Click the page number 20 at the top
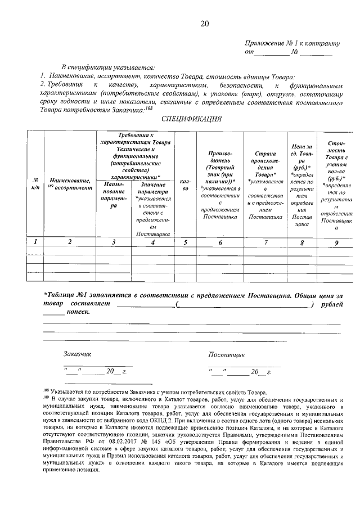pyautogui.click(x=204, y=23)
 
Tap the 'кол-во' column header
pyautogui.click(x=185, y=185)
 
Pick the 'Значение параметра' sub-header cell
pyautogui.click(x=153, y=208)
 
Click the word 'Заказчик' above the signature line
pyautogui.click(x=77, y=355)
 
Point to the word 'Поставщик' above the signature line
pyautogui.click(x=226, y=355)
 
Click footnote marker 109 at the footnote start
pyautogui.click(x=46, y=398)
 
